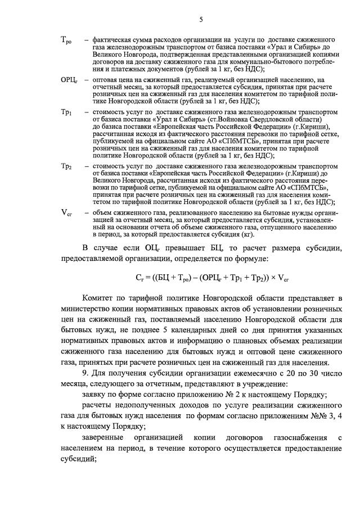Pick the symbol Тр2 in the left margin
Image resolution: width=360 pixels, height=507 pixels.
click(x=66, y=166)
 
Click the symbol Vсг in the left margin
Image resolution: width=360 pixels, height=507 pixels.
click(x=66, y=212)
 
